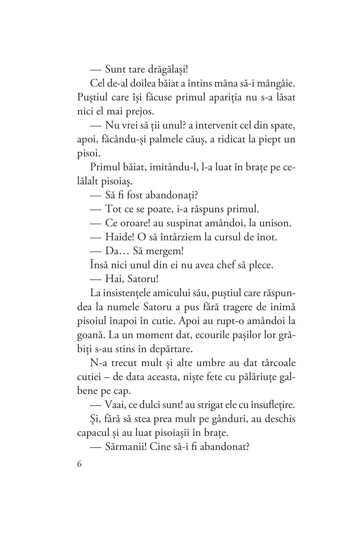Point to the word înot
pos(266,237)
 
